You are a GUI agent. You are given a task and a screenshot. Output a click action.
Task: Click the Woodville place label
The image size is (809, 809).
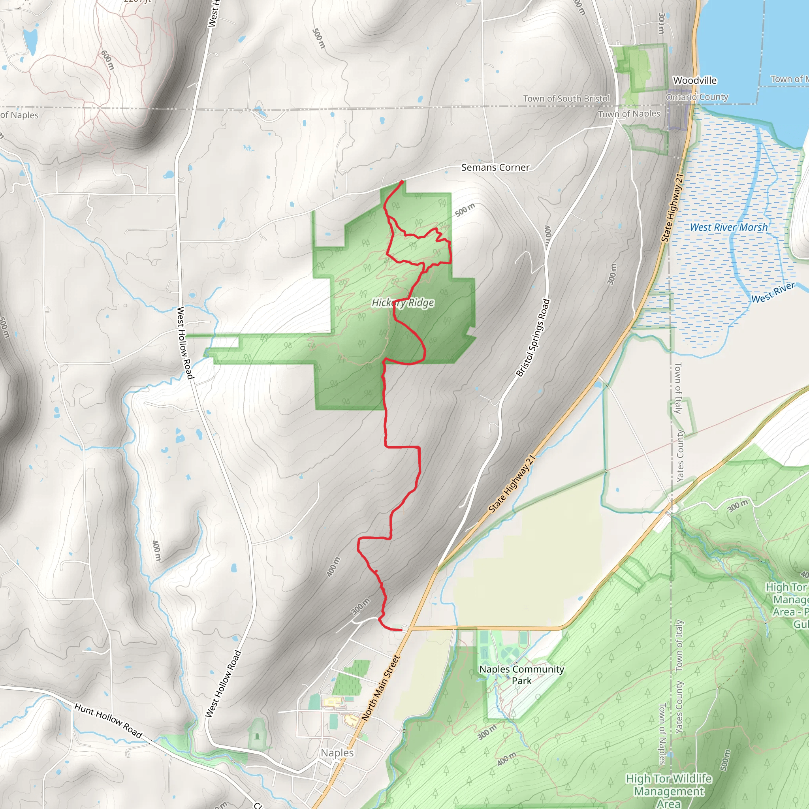click(x=695, y=81)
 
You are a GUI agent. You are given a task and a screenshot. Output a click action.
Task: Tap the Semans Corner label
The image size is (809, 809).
click(x=495, y=167)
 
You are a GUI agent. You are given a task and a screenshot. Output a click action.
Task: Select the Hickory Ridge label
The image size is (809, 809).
click(x=403, y=303)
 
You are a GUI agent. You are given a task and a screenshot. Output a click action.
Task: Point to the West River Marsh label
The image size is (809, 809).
click(x=728, y=228)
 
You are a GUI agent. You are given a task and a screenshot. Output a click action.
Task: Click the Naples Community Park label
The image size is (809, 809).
click(x=521, y=675)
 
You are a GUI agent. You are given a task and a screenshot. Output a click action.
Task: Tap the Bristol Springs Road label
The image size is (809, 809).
click(x=532, y=337)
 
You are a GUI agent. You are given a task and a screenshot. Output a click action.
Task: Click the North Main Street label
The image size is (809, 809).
click(x=381, y=688)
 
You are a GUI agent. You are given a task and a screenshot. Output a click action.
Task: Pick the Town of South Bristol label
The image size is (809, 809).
click(x=566, y=99)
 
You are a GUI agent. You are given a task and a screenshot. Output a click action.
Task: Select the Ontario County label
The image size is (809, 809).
click(x=697, y=97)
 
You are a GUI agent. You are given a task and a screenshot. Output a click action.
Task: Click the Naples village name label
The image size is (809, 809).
click(x=337, y=753)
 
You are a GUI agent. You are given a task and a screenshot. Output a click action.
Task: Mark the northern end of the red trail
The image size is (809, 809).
click(x=402, y=182)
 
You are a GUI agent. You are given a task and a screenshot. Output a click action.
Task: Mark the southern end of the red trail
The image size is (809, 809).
click(x=401, y=630)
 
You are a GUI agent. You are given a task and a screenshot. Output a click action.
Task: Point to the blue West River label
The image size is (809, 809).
click(x=773, y=292)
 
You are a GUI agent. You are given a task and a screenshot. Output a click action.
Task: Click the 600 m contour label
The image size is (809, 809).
click(x=107, y=60)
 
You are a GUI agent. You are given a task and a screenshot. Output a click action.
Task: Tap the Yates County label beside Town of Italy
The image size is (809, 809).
click(x=680, y=455)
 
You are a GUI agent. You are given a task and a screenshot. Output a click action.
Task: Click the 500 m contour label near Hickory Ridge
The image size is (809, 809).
click(x=465, y=210)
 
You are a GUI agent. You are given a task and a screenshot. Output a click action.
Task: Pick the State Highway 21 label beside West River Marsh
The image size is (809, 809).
click(x=672, y=208)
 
